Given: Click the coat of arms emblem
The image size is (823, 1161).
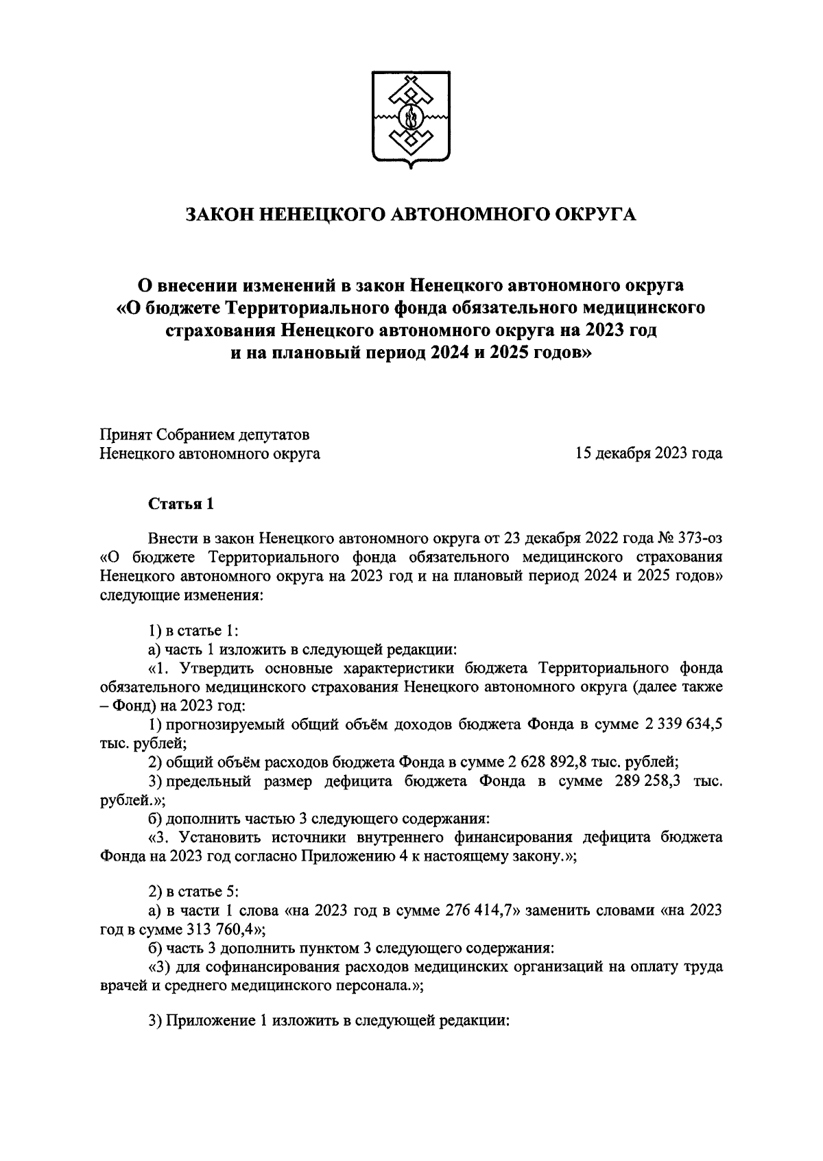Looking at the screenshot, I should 411,118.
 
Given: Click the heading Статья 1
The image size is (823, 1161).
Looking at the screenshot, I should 182,504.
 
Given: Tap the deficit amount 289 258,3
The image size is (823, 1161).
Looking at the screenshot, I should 641,781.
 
